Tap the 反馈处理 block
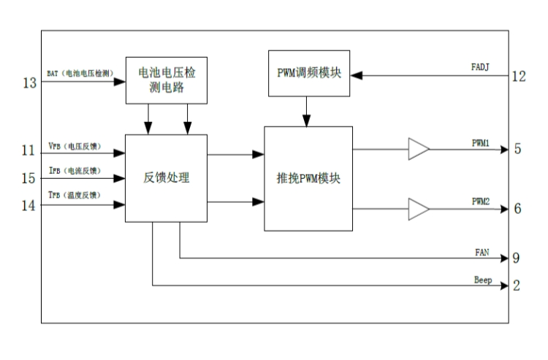pos(167,177)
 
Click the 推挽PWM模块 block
pos(308,177)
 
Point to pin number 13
pos(29,83)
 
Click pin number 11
pos(28,151)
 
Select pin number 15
pos(28,178)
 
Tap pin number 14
pos(28,206)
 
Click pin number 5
pos(517,150)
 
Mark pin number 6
pos(517,209)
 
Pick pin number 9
pos(517,258)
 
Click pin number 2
pos(517,286)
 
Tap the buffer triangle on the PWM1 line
pos(419,150)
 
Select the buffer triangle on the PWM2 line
pos(419,210)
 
